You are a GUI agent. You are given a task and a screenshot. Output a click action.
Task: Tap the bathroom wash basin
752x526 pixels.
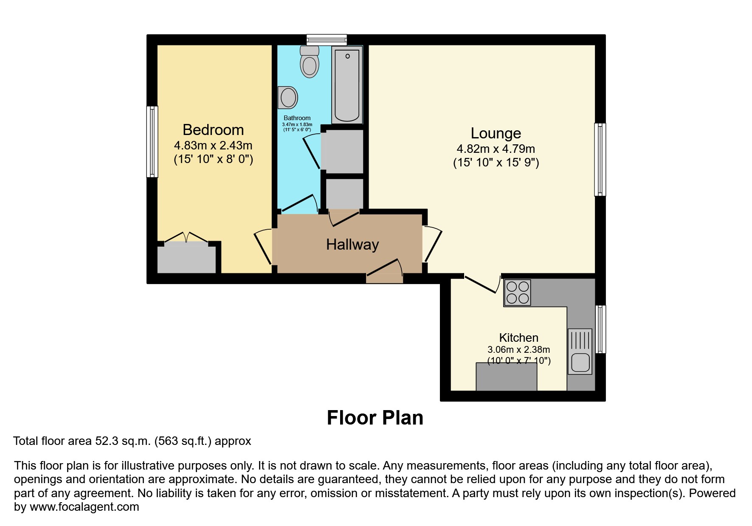click(x=288, y=97)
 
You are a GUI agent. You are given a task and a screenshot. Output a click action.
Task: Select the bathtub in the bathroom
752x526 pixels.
click(x=347, y=85)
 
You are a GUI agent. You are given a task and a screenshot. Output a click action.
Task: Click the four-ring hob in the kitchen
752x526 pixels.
click(x=517, y=293)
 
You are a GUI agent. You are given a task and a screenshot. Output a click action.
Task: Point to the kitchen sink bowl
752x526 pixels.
click(x=580, y=362)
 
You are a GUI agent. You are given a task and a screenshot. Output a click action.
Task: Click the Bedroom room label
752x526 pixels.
click(x=213, y=130)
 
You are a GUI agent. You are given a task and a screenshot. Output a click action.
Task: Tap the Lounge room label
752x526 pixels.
click(x=496, y=133)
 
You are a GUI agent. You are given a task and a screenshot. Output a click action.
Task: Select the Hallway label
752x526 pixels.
click(x=352, y=245)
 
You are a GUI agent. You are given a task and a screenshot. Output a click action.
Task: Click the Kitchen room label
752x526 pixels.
click(x=518, y=338)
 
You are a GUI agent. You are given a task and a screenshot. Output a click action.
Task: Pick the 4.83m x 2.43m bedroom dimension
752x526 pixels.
click(x=213, y=146)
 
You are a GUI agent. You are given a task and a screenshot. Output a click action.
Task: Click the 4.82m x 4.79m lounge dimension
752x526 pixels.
click(x=496, y=149)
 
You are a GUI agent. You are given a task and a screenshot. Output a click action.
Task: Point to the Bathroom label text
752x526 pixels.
click(x=297, y=118)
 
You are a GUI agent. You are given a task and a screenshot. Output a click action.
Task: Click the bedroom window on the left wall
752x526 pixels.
click(x=152, y=141)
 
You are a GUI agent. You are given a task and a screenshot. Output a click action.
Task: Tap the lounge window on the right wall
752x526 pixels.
click(x=600, y=159)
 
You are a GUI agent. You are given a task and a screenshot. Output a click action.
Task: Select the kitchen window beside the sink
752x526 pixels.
click(x=600, y=329)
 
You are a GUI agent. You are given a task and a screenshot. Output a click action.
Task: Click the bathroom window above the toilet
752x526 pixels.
click(x=327, y=40)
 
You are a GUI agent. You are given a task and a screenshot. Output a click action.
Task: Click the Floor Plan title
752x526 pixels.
click(x=375, y=418)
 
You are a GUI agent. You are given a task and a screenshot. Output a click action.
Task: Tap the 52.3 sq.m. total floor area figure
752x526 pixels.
click(x=123, y=441)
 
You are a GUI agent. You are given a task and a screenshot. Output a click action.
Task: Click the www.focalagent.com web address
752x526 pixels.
click(x=84, y=507)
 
